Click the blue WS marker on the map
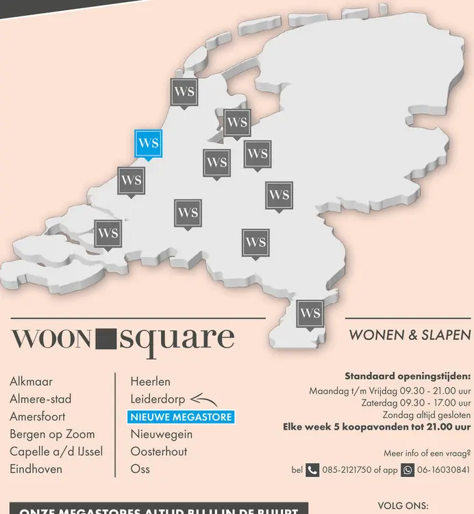pos(148,144)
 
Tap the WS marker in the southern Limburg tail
pos(310,314)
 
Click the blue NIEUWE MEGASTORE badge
pos(182,417)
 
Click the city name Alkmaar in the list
pos(32,381)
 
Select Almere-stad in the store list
pos(40,399)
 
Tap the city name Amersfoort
pos(38,416)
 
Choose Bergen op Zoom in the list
pos(52,434)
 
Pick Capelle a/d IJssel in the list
pos(56,452)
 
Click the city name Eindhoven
pos(36,469)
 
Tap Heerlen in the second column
pos(151,381)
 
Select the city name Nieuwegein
pos(162,434)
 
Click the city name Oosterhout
pos(159,452)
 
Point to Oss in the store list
pos(140,469)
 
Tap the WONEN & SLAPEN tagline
pos(410,336)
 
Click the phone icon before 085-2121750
pos(312,470)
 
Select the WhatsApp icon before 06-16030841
pos(408,470)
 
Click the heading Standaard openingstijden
pos(408,376)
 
